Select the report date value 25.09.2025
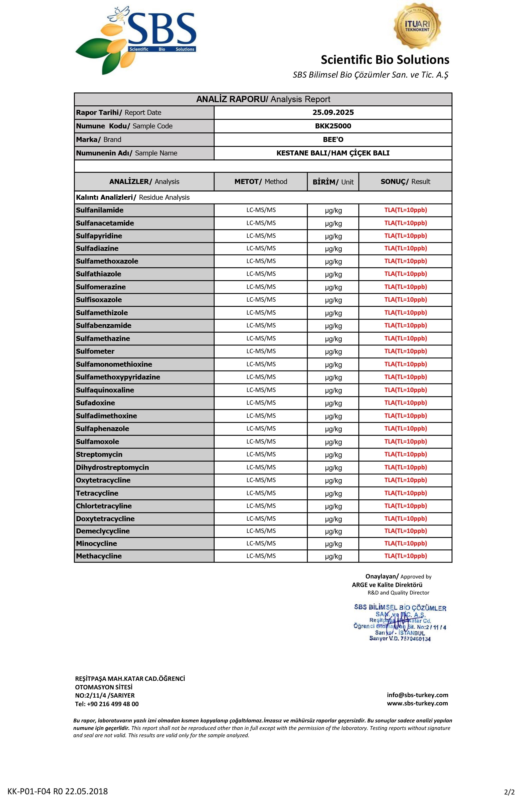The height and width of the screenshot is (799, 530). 333,113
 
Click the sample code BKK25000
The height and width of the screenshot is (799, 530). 333,126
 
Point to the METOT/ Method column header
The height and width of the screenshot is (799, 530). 261,182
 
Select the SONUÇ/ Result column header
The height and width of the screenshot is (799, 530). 405,182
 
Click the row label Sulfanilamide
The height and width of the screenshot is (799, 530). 100,210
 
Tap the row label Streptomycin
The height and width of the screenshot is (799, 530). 99,455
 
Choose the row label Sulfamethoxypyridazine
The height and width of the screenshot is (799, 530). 118,377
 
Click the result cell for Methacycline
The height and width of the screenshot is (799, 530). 405,556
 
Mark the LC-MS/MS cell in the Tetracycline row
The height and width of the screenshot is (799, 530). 261,493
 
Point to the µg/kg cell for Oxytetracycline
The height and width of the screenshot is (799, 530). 333,481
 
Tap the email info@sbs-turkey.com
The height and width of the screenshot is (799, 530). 417,695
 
